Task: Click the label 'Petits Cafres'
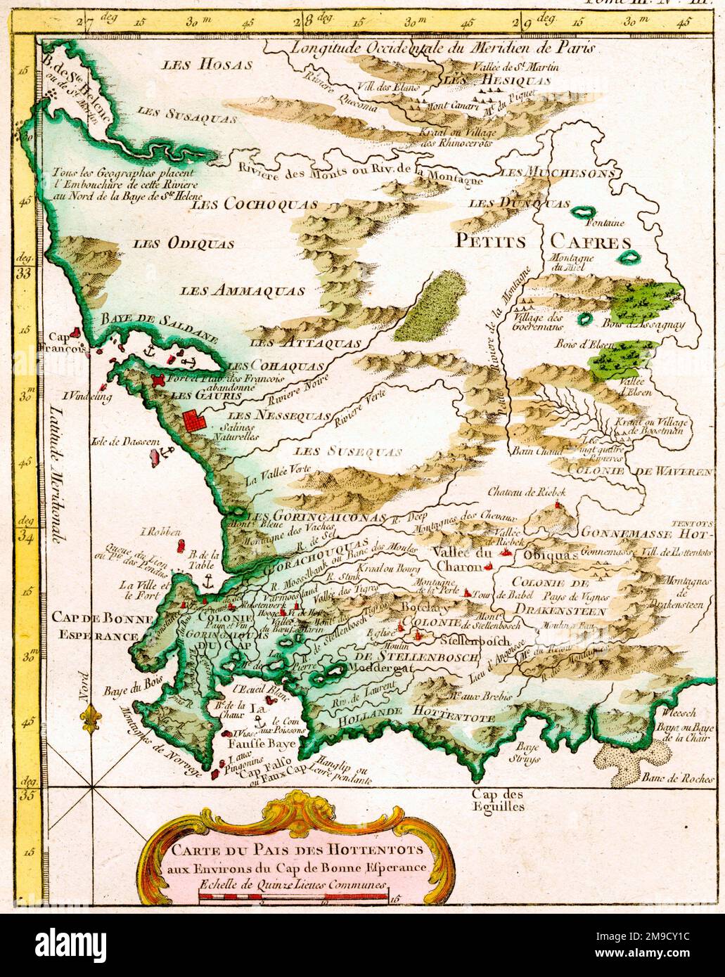coord(544,242)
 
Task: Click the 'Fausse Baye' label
coord(254,740)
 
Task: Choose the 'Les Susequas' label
coord(348,451)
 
